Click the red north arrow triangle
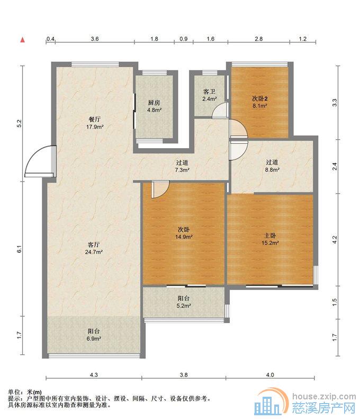[23, 40]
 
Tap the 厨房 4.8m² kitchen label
[154, 106]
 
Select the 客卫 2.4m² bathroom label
[209, 95]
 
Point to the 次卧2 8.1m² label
[259, 102]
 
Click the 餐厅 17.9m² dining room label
[95, 123]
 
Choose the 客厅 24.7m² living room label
[94, 248]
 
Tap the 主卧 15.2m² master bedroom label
[270, 239]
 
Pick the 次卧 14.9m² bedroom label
[184, 233]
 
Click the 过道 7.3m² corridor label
[182, 166]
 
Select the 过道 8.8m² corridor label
[272, 166]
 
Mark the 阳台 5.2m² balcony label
[183, 302]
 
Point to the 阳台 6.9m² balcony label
[94, 335]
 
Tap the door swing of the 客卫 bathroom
[219, 111]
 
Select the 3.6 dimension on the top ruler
[95, 39]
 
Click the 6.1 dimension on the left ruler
[19, 249]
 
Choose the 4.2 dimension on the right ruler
[335, 240]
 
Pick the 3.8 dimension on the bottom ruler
[184, 375]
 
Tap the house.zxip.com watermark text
[324, 396]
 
